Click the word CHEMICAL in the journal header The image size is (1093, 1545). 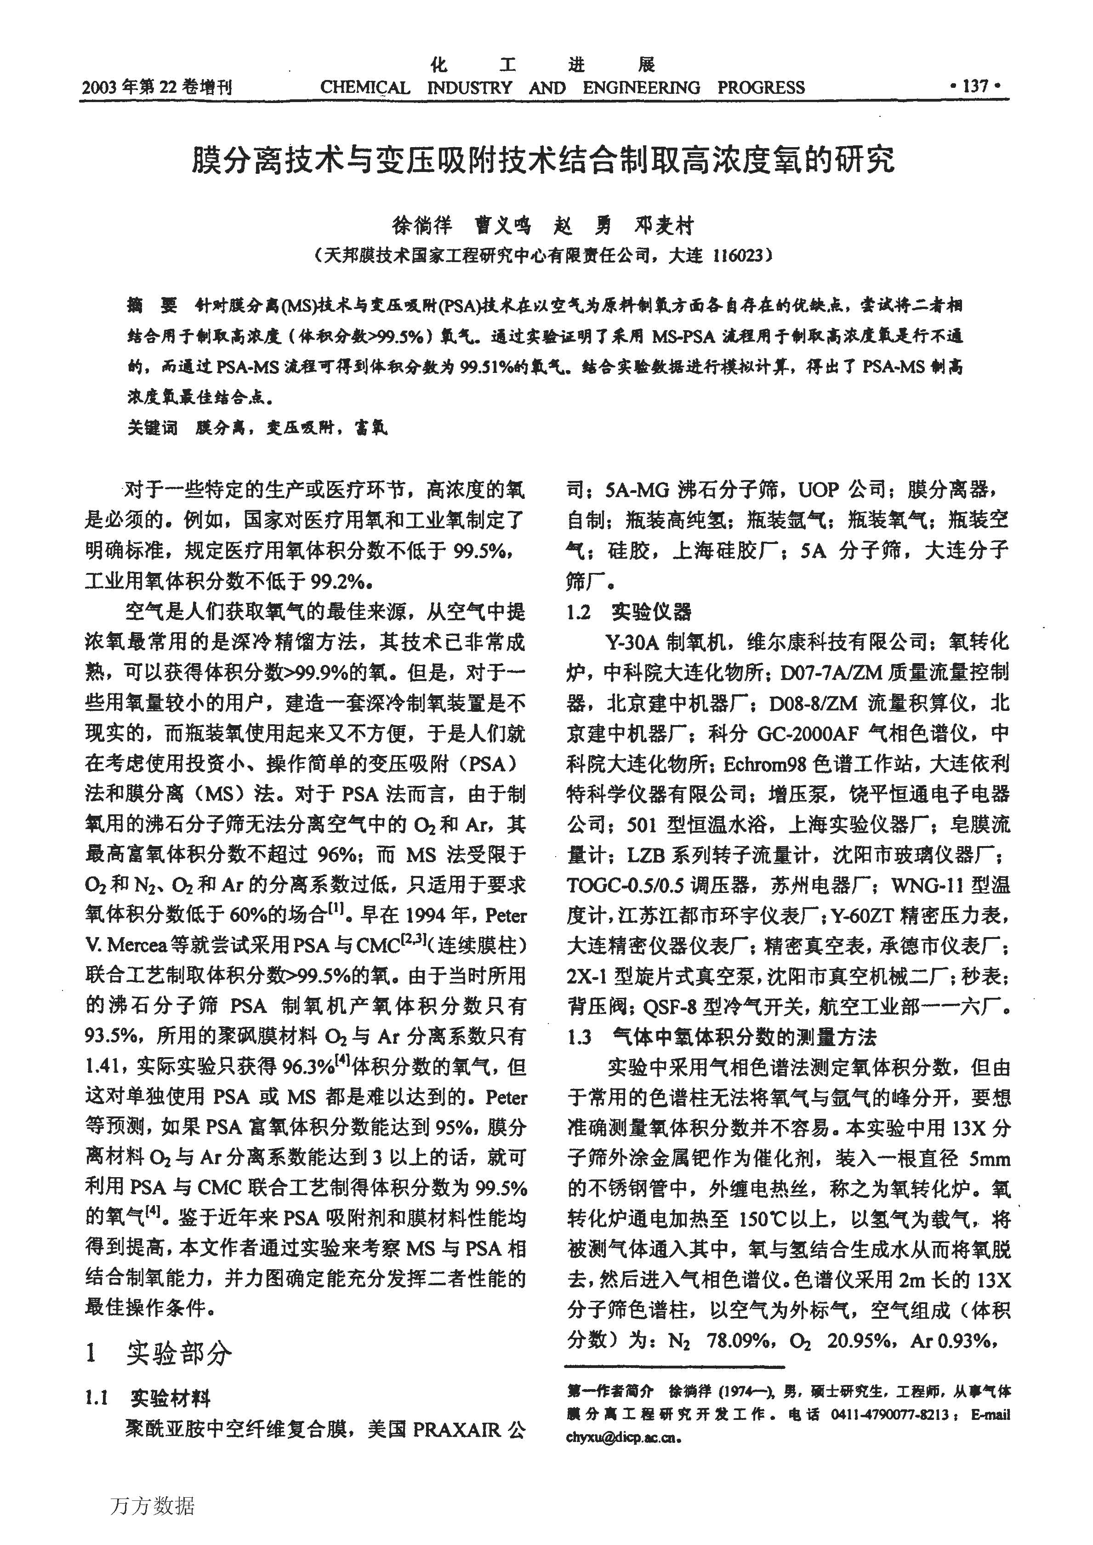pyautogui.click(x=365, y=87)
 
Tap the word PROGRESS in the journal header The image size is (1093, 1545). pyautogui.click(x=761, y=87)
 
